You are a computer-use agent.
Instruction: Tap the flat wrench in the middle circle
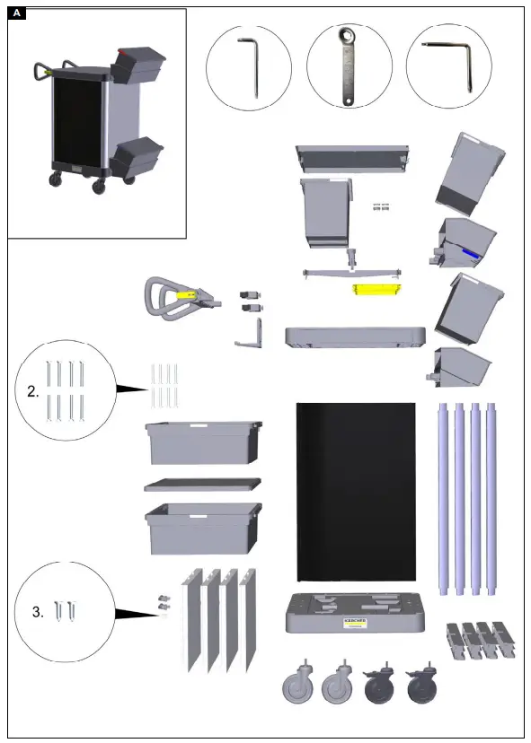(x=349, y=68)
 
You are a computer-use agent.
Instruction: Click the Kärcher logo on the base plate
(x=355, y=622)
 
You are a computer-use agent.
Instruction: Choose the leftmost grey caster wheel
(x=302, y=687)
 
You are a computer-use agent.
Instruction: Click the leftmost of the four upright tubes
(x=443, y=499)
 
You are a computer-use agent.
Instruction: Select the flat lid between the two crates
(x=203, y=485)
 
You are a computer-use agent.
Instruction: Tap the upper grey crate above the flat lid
(x=203, y=442)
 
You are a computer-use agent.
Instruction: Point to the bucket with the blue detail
(x=465, y=243)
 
